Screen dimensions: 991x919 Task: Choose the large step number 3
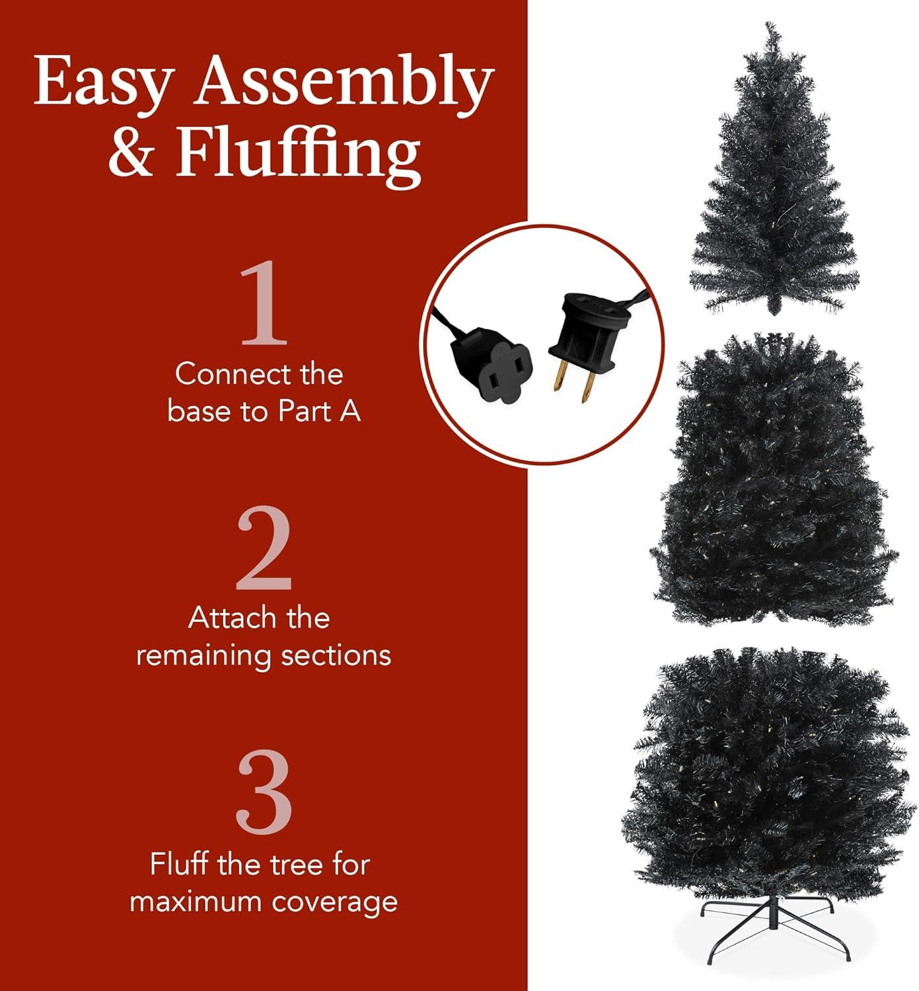(x=264, y=793)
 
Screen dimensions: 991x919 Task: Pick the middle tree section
(x=774, y=482)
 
